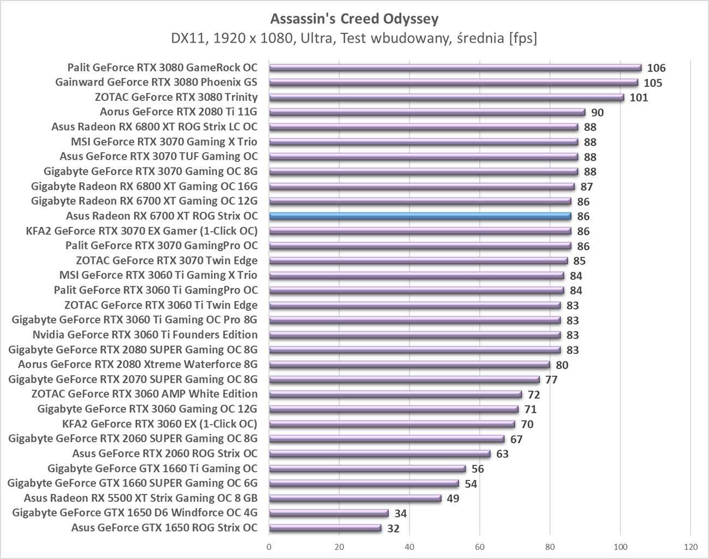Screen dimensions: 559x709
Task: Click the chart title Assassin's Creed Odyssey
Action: click(354, 19)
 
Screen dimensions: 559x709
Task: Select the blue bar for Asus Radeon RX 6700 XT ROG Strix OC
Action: click(420, 216)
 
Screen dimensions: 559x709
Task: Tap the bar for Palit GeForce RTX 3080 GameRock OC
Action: click(455, 68)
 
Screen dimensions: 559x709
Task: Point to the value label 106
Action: click(656, 68)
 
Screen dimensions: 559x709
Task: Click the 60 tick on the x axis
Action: click(480, 546)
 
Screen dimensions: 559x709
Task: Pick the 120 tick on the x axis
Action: click(690, 546)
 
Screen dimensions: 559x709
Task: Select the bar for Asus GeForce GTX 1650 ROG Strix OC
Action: click(325, 528)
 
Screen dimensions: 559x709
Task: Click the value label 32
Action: click(393, 528)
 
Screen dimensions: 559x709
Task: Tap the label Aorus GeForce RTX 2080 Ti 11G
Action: click(178, 112)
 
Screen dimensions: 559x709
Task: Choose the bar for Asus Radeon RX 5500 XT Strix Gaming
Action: click(355, 498)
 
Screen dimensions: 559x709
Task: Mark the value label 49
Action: click(452, 498)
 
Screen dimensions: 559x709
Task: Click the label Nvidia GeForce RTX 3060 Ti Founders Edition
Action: click(145, 334)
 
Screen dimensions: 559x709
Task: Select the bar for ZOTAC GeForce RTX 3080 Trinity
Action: click(446, 98)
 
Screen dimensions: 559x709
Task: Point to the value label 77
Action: click(551, 380)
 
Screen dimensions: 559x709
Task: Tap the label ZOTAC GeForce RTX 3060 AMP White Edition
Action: click(145, 394)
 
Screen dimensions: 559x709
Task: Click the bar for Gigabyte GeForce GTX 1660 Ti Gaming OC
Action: click(367, 468)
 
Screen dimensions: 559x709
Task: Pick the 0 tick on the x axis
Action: click(269, 546)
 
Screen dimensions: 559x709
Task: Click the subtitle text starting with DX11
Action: click(354, 38)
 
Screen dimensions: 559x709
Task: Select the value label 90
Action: click(597, 113)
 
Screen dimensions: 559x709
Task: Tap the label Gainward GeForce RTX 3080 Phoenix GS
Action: click(156, 82)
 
